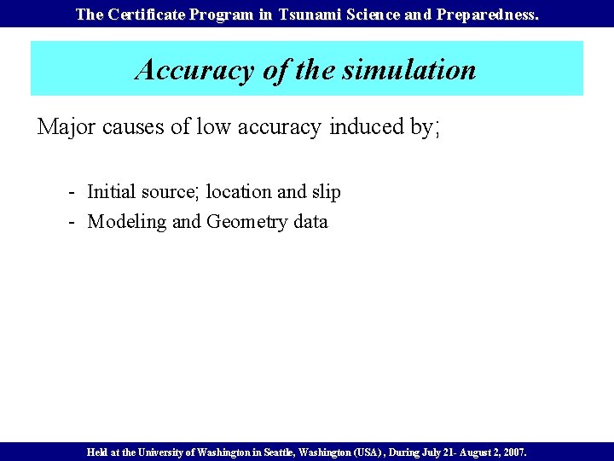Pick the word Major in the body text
(x=67, y=127)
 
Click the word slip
(x=325, y=192)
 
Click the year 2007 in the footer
(x=514, y=452)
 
